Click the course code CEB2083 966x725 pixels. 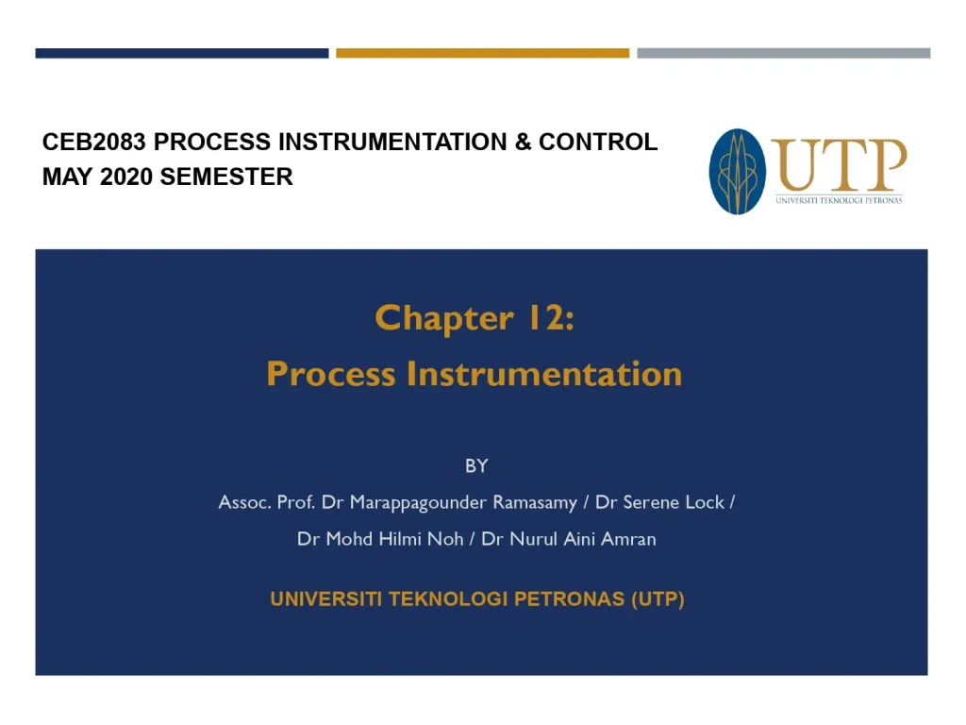point(94,143)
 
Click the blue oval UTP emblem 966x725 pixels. point(737,171)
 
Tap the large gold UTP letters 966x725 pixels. point(839,165)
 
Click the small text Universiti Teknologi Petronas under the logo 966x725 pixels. point(839,200)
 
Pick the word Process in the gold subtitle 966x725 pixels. point(331,374)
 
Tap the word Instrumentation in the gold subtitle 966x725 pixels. point(544,374)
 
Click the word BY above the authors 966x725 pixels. point(476,465)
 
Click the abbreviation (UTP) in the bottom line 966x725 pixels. point(658,599)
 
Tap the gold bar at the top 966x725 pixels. point(482,54)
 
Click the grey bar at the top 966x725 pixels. point(783,54)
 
